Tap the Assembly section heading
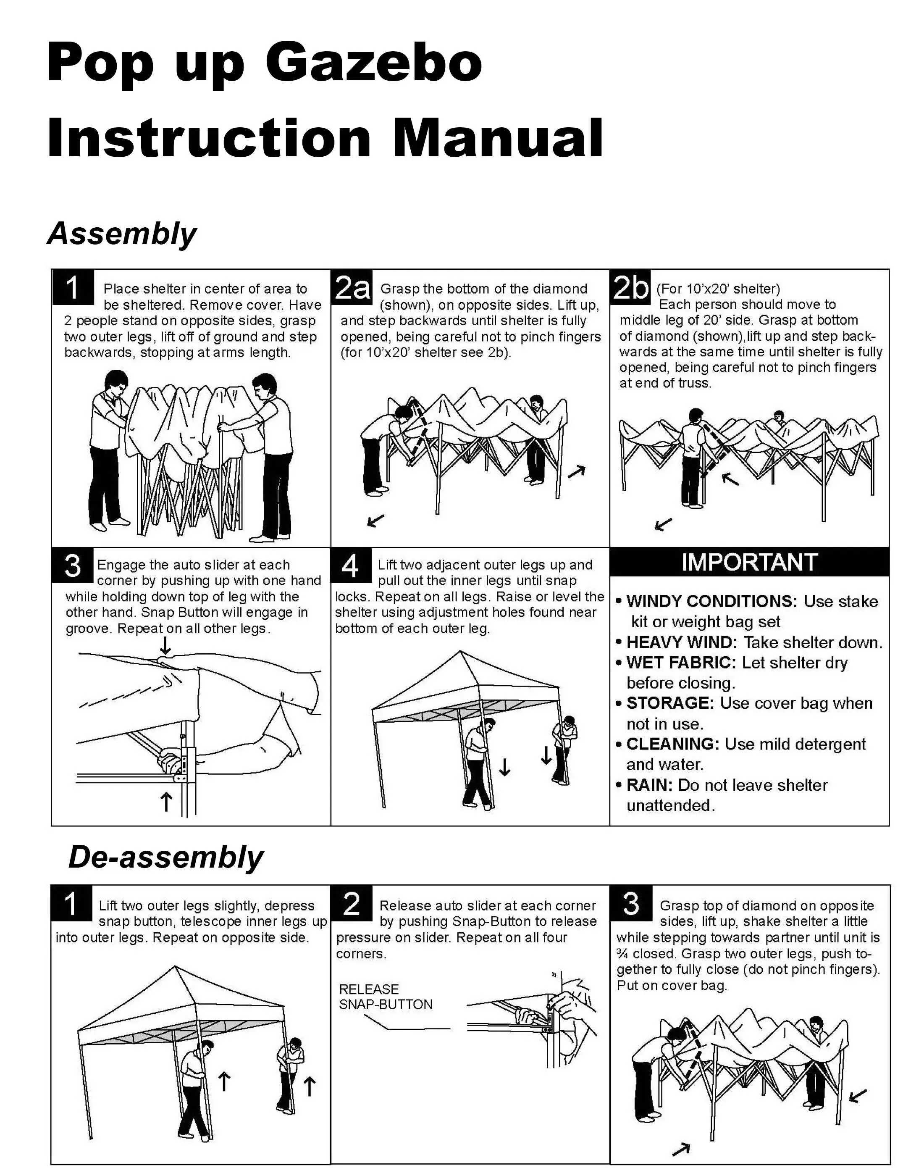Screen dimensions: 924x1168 [x=122, y=234]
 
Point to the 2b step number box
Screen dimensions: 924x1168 [x=630, y=287]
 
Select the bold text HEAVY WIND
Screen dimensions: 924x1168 [x=682, y=642]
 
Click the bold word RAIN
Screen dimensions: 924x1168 [x=649, y=785]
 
